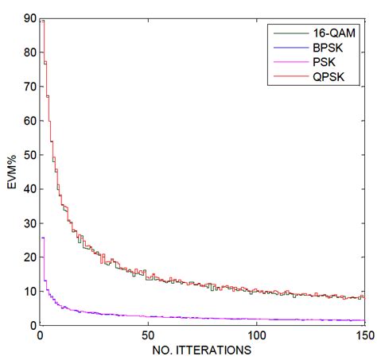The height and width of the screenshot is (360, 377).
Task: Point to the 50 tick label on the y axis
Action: (x=29, y=155)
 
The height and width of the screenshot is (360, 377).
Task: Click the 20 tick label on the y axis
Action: (x=29, y=257)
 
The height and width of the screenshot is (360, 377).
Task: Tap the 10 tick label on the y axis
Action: (x=29, y=292)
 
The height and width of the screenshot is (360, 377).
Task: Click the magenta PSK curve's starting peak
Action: (x=42, y=238)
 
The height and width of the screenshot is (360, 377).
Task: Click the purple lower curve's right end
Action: (x=364, y=320)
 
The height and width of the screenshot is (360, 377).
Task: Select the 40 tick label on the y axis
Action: (x=29, y=189)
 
